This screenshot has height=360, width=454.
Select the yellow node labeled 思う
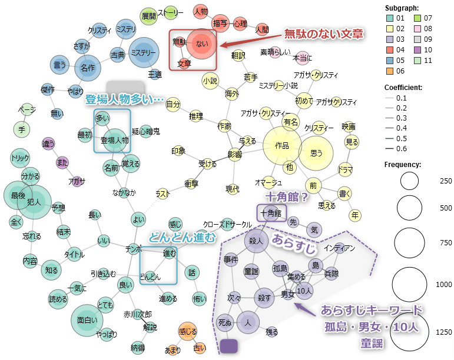[316, 153]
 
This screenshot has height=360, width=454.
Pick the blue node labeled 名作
[87, 67]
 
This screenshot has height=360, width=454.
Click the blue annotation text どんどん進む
[181, 237]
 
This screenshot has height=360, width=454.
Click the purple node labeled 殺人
[255, 241]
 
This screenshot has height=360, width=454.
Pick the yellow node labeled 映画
[349, 126]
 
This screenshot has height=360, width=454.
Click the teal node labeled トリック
[21, 158]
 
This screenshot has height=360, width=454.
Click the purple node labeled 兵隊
[332, 274]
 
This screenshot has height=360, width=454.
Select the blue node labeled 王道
[154, 75]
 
